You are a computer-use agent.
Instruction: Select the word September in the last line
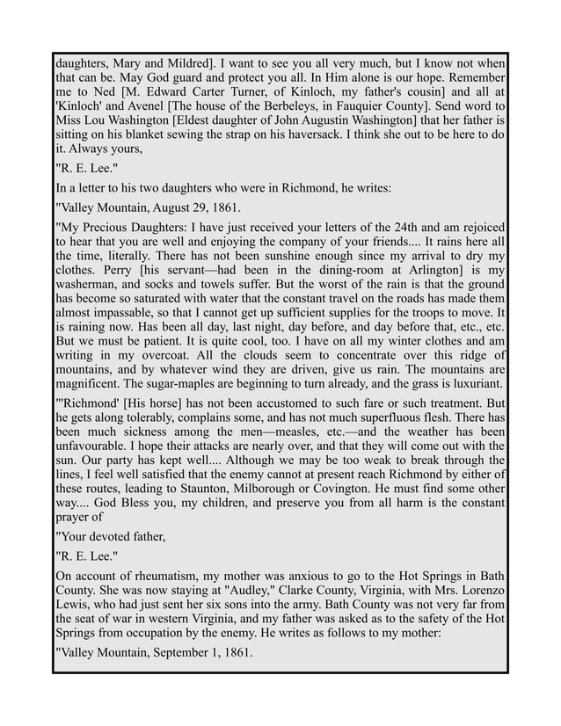coord(200,653)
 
